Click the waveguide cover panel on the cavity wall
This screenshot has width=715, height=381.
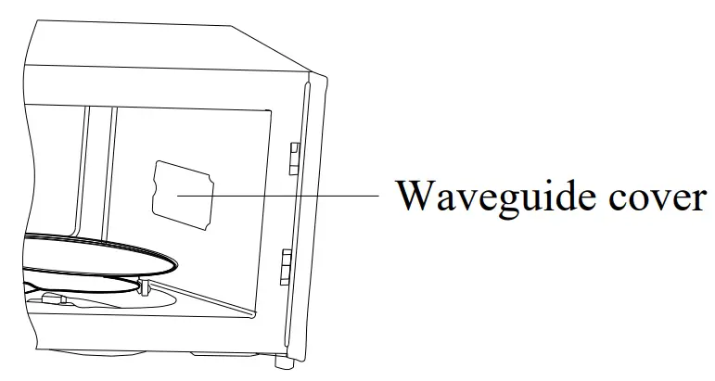coord(184,192)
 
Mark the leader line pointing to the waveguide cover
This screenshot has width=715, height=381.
coord(278,197)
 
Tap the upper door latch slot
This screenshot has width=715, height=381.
coord(294,159)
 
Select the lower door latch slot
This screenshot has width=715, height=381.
coord(288,265)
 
